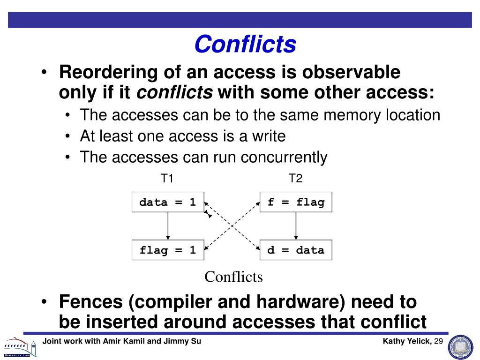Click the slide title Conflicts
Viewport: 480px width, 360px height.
(245, 45)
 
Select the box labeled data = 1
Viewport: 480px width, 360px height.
(167, 202)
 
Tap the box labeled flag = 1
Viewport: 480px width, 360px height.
(167, 250)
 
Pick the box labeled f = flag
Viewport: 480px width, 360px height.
(296, 202)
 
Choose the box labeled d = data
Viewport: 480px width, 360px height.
(296, 250)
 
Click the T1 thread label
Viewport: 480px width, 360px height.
(167, 179)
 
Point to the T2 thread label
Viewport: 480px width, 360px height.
(296, 179)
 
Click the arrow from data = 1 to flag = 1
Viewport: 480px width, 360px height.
(167, 226)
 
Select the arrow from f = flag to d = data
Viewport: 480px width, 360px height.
(296, 226)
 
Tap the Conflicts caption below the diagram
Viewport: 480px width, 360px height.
(233, 277)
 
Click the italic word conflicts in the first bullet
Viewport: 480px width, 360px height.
(174, 93)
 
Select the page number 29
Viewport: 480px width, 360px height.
(438, 341)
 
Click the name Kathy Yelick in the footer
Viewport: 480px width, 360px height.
(406, 341)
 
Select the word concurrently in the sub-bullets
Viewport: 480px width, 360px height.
(284, 157)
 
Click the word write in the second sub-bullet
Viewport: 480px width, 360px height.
(267, 136)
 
